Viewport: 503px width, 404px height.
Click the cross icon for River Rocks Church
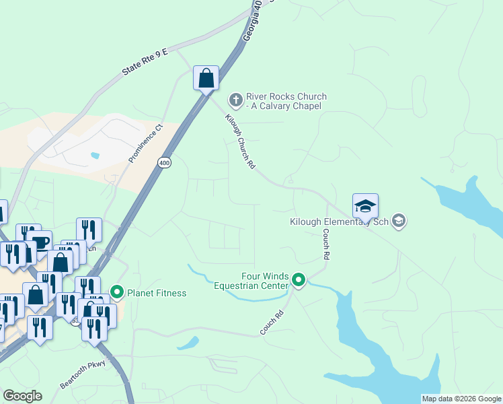[235, 100]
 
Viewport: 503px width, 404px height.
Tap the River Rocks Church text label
[286, 101]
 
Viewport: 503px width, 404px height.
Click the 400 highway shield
[164, 163]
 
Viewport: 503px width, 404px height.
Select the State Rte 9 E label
[144, 61]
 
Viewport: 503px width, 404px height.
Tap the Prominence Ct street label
[146, 143]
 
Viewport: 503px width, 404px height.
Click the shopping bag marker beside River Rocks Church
[206, 78]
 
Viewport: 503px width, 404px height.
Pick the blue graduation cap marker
[365, 206]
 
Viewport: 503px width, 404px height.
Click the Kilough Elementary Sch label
[340, 222]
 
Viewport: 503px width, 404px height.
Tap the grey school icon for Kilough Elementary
[399, 221]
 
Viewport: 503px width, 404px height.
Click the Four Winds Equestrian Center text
[251, 281]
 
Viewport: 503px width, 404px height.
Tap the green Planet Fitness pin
[117, 292]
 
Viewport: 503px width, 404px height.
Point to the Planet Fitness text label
[157, 293]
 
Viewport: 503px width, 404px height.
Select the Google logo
[22, 395]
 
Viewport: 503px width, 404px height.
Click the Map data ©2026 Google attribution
[461, 399]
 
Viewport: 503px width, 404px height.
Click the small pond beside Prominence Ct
[95, 156]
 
